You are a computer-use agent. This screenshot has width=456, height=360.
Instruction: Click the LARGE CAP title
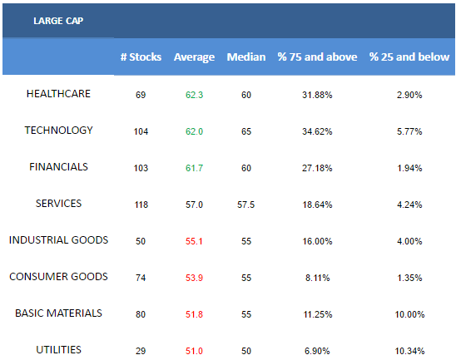(58, 21)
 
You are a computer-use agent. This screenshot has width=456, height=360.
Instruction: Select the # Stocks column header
(141, 57)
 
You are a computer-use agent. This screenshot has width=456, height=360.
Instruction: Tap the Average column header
(194, 57)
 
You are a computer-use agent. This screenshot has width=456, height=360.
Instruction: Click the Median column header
(246, 57)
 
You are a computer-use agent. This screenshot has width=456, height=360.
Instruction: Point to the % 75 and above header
(317, 57)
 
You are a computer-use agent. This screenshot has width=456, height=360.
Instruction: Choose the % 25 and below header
(409, 57)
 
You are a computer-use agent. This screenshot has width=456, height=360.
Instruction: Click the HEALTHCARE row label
(58, 94)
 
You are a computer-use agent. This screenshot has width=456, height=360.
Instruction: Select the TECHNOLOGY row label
(58, 131)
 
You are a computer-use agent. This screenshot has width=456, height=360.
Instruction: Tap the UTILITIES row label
(58, 350)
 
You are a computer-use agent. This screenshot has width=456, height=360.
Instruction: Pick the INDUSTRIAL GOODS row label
(58, 240)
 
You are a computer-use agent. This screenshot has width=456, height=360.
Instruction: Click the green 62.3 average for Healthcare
(194, 95)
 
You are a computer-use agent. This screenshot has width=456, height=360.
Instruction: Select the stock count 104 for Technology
(141, 131)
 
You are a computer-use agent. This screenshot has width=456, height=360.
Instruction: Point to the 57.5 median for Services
(246, 205)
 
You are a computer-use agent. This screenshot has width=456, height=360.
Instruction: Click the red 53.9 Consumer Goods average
(194, 278)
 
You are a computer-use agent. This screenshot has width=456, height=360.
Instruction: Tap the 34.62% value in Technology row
(317, 131)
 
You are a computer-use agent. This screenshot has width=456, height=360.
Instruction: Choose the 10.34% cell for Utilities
(409, 352)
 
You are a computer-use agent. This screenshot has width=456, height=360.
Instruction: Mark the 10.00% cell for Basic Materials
(409, 314)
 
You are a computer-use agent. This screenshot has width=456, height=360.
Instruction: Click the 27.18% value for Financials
(317, 168)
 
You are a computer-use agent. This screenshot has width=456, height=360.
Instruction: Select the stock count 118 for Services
(141, 205)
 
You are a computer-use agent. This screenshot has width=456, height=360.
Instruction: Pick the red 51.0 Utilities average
(194, 352)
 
